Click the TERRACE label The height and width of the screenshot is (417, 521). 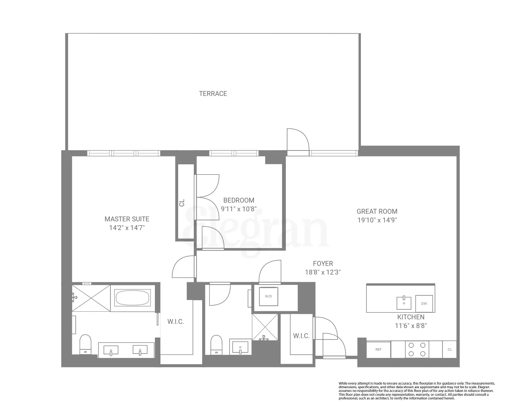point(213,93)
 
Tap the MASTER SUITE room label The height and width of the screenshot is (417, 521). point(127,219)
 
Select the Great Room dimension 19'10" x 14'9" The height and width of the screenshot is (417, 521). point(377,220)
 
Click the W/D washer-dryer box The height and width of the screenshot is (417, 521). point(268,296)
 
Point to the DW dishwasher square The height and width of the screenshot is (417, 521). point(424,303)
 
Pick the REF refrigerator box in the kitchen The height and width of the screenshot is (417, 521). point(378,349)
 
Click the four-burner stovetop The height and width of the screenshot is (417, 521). point(417,349)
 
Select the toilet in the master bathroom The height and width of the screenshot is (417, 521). point(85,344)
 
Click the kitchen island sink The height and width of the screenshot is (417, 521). point(404,303)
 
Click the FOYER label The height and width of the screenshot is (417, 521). point(323,263)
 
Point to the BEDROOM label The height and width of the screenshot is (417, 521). point(239,200)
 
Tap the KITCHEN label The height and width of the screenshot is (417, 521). point(411,317)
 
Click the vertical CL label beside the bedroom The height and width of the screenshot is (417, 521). point(182,203)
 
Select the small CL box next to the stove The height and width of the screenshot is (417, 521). point(449,349)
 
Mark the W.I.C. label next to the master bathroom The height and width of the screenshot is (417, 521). point(175,322)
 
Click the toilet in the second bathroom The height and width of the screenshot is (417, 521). point(216,344)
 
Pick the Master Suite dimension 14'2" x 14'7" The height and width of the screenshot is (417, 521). point(127,228)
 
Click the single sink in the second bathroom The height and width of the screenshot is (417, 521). point(240,347)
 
